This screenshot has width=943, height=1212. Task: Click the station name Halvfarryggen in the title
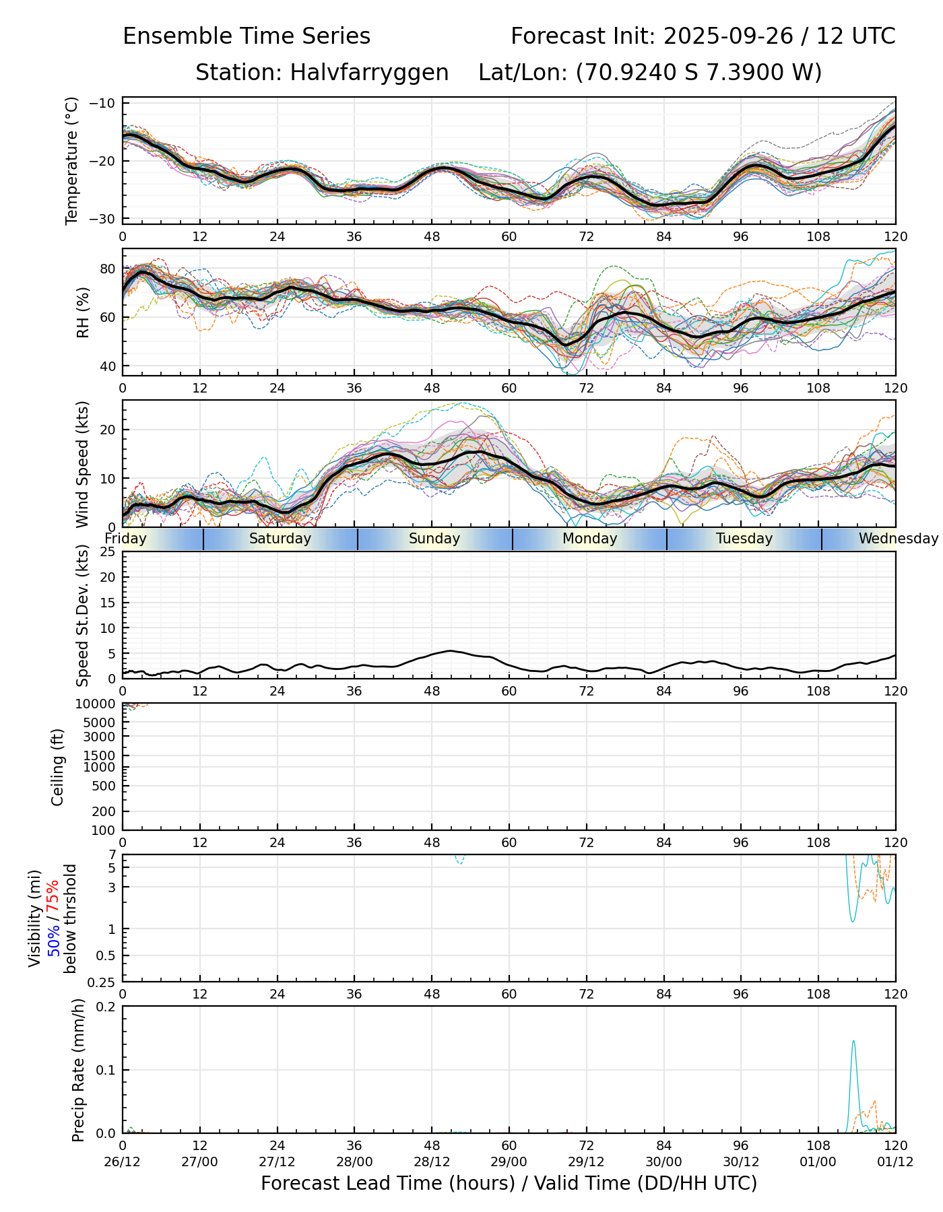tap(369, 73)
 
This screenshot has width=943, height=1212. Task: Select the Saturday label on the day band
tap(280, 539)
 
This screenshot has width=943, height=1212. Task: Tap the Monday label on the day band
tap(589, 539)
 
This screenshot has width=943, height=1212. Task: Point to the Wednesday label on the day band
tap(898, 539)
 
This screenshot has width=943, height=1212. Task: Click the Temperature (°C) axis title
tap(72, 160)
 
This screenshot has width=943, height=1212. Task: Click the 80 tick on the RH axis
tap(108, 269)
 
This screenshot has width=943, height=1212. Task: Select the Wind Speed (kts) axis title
tap(82, 464)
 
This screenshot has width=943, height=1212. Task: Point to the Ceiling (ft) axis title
tap(58, 767)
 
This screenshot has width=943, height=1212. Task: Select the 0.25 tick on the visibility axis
tap(103, 982)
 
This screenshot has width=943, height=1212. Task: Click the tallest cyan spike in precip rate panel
tap(853, 1042)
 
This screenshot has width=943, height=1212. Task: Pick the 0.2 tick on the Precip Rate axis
tap(106, 1007)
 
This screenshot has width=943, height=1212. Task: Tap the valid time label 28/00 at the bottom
tap(354, 1161)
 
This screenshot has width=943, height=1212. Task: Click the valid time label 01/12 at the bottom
tap(895, 1161)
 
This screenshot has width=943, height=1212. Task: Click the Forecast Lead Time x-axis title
tap(509, 1183)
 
